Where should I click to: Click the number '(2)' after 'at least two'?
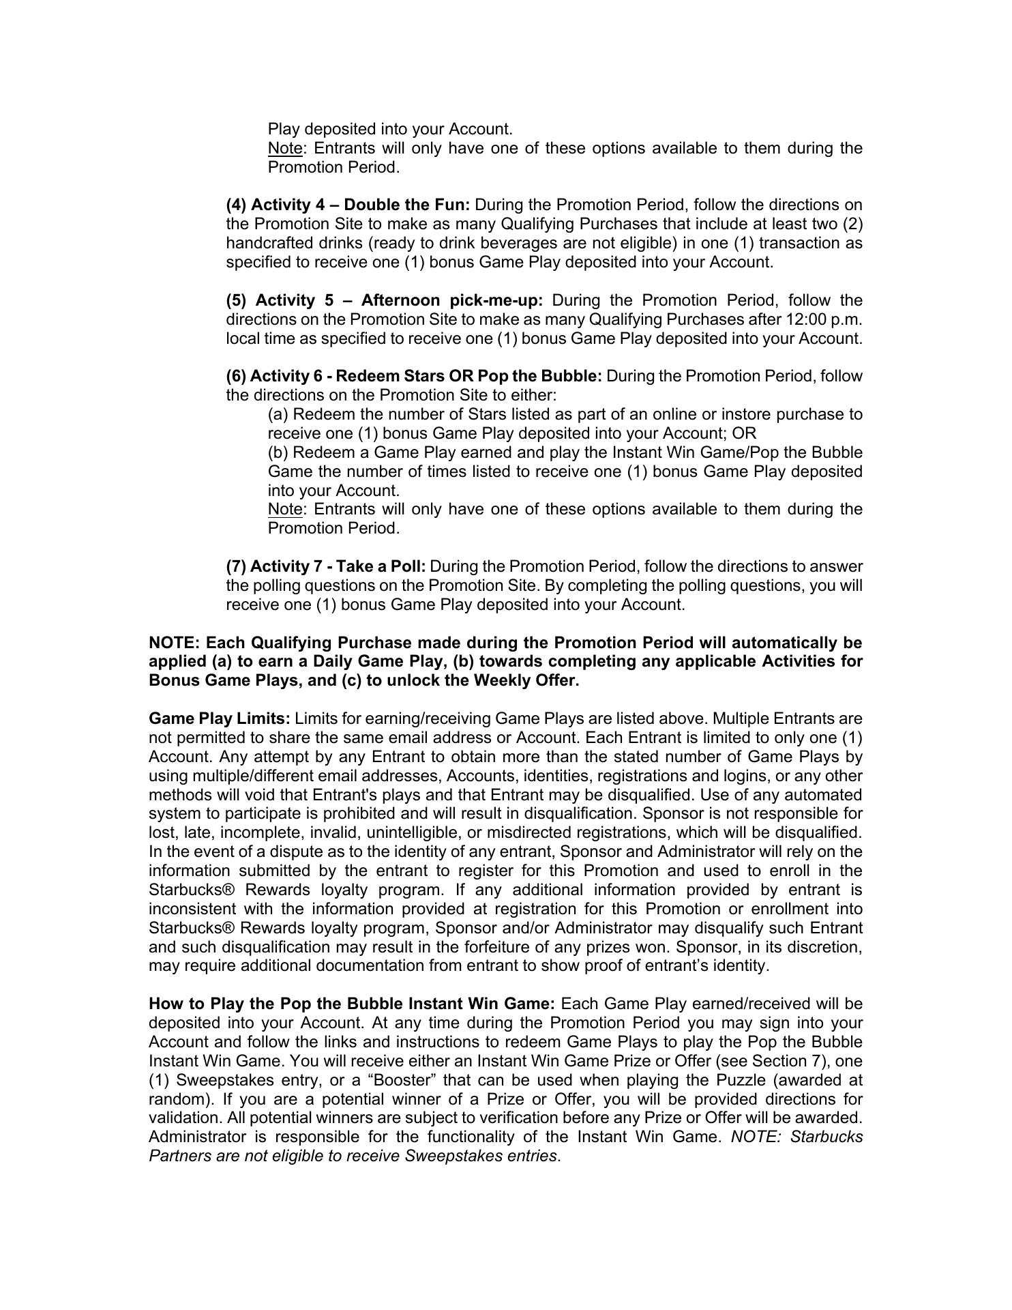[x=852, y=224]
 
